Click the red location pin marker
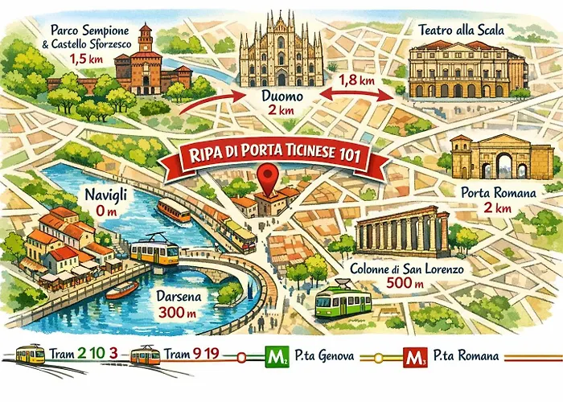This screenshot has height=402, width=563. tap(265, 174)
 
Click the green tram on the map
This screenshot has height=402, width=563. tap(343, 301)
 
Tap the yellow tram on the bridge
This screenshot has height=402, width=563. tap(154, 252)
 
